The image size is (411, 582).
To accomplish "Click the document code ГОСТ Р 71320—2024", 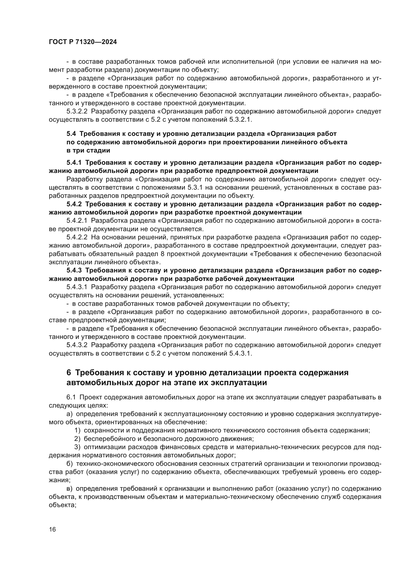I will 83,42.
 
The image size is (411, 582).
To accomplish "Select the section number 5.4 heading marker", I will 71,134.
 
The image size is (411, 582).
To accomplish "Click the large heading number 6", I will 69,373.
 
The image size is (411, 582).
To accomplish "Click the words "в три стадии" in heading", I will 88,151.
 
